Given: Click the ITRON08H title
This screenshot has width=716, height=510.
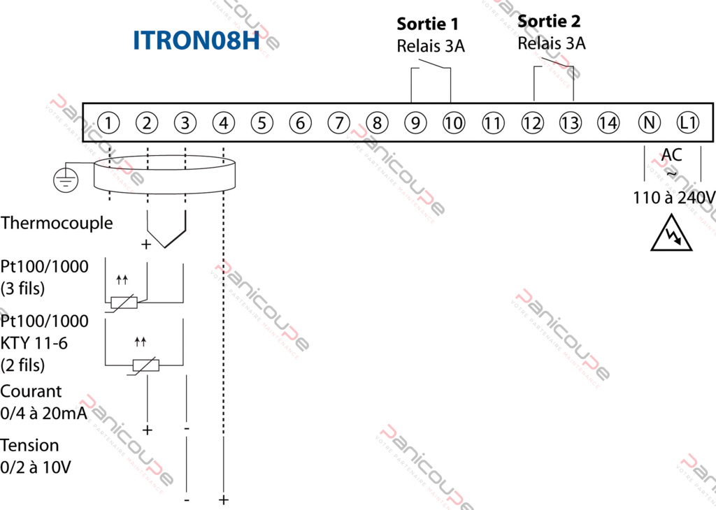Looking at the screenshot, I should click(196, 41).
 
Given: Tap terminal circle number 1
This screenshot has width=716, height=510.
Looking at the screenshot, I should click(108, 124).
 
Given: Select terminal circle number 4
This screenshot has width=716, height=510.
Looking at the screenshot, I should click(223, 124).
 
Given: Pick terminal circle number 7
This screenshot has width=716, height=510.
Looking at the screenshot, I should click(338, 124).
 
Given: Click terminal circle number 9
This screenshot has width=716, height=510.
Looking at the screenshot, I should click(415, 124).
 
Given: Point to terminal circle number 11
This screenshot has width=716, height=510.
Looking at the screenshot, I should click(493, 124).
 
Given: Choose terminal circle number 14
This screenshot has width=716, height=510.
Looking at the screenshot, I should click(608, 124).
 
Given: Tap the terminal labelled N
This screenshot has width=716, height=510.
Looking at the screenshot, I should click(649, 124).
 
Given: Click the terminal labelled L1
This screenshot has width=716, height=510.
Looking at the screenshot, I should click(688, 124).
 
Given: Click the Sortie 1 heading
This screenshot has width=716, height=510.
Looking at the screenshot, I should click(428, 24).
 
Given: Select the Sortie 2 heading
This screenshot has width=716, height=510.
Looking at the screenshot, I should click(549, 22).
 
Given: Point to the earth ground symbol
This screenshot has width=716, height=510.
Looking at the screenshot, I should click(66, 179).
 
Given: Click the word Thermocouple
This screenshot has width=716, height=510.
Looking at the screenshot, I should click(57, 224).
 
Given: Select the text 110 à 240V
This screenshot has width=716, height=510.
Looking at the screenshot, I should click(674, 198).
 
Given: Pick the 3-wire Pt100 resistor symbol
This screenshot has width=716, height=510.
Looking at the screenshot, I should click(124, 303).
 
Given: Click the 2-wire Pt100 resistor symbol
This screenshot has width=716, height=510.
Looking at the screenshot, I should click(145, 365).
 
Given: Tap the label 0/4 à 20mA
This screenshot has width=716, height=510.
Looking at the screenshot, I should click(44, 414).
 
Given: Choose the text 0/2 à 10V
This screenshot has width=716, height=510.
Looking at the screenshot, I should click(36, 467).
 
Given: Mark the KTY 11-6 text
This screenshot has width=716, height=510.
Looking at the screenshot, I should click(34, 343).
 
